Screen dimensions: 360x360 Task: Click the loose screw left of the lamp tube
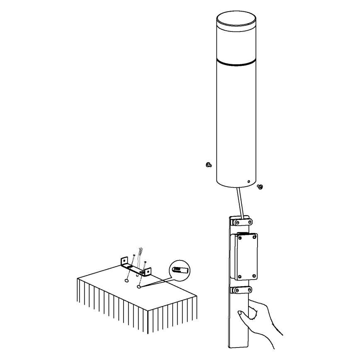208,165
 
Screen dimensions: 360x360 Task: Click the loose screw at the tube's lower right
260,187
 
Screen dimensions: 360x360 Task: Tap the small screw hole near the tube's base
248,181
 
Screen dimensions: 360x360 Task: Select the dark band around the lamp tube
236,62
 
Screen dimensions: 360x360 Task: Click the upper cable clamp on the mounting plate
240,222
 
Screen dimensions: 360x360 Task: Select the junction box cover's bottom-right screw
253,276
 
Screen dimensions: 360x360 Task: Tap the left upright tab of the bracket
124,262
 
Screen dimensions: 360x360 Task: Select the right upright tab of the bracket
146,272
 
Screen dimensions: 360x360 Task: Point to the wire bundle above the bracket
140,252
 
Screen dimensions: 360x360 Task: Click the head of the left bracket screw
134,255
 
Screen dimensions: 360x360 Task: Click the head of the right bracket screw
145,262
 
